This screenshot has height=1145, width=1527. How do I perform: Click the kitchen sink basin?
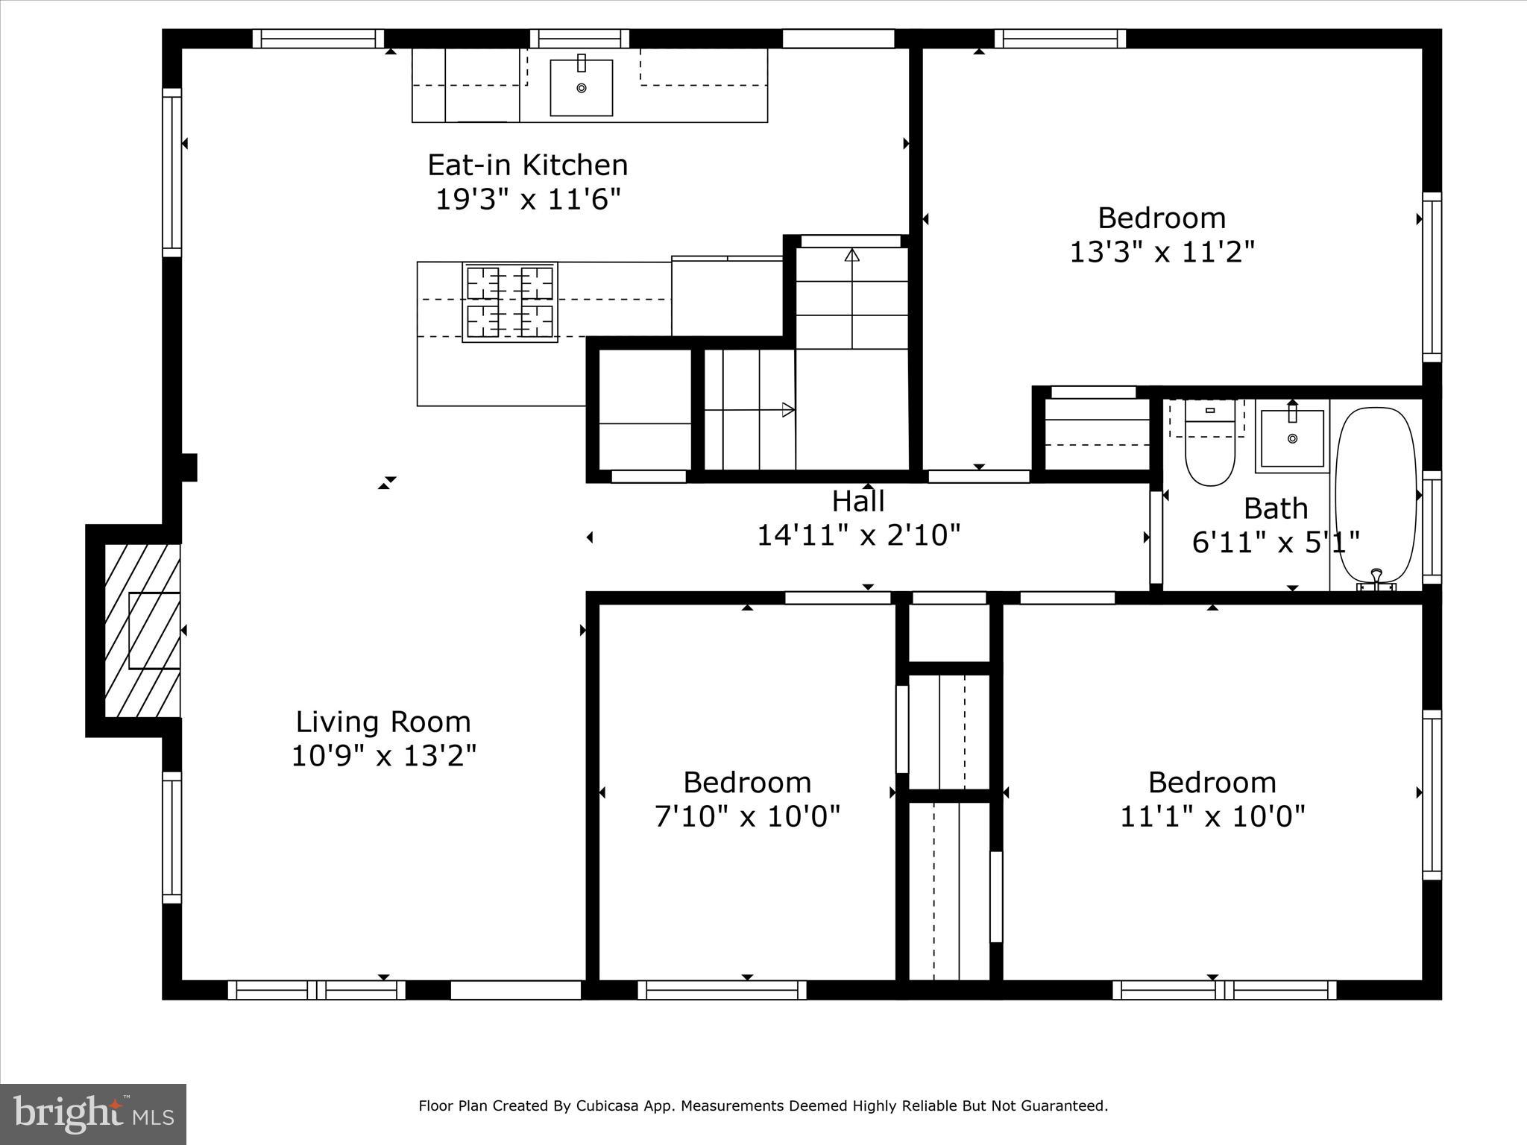581,88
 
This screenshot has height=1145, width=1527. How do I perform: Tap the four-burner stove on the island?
510,302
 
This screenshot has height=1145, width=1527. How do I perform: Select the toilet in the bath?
1209,447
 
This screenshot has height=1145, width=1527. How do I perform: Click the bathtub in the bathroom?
1376,496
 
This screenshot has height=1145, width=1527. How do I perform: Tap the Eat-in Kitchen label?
527,165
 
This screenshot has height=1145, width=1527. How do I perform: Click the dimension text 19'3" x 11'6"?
527,199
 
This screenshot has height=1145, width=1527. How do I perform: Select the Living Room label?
383,722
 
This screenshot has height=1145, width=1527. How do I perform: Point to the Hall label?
858,501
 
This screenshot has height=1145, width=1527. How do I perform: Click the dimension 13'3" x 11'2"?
1162,252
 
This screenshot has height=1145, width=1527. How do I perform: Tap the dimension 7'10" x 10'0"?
747,816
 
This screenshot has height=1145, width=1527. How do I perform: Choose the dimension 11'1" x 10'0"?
1212,816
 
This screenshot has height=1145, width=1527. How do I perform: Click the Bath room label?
1276,508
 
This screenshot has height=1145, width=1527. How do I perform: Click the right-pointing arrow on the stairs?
787,409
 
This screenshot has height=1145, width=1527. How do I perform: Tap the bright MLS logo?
93,1114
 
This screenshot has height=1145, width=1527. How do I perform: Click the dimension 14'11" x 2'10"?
858,535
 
